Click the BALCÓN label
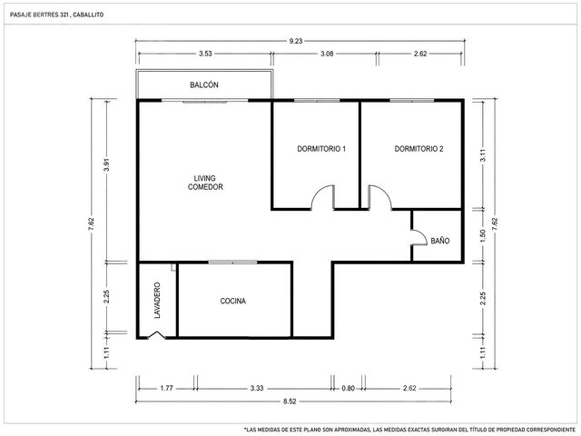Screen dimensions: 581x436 [x=204, y=84]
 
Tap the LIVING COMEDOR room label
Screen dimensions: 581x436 [x=205, y=183]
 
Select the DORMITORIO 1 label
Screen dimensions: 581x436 [x=321, y=149]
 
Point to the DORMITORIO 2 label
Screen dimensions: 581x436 [x=419, y=149]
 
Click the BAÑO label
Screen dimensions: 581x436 [x=440, y=241]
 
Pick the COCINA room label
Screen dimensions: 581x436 [x=233, y=301]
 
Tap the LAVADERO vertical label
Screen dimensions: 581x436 [x=157, y=301]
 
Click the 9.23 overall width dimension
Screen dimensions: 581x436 [x=296, y=41]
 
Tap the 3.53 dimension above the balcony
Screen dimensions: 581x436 [x=205, y=54]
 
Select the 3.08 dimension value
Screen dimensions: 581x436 [x=327, y=54]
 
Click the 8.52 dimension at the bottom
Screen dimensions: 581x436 [x=290, y=401]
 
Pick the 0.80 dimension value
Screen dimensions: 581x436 [x=348, y=389]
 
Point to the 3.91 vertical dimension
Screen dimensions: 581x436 [x=107, y=164]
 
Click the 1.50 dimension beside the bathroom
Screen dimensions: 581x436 [x=482, y=236]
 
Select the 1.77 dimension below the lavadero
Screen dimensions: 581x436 [x=166, y=389]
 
